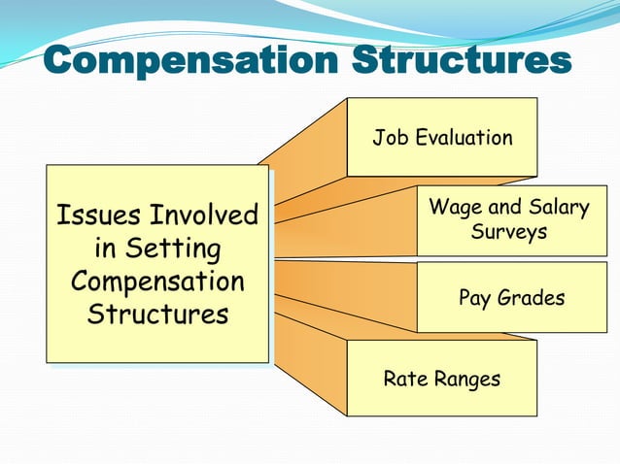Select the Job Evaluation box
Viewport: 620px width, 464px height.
pyautogui.click(x=442, y=137)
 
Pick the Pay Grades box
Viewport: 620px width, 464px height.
pyautogui.click(x=511, y=297)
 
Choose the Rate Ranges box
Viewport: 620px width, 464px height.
pyautogui.click(x=442, y=379)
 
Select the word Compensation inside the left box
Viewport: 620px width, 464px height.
pyautogui.click(x=157, y=282)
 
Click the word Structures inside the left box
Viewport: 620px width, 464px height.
pyautogui.click(x=157, y=315)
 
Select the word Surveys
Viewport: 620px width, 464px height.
pyautogui.click(x=508, y=233)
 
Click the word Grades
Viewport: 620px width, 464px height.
pyautogui.click(x=531, y=298)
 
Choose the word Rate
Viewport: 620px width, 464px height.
pyautogui.click(x=403, y=379)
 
